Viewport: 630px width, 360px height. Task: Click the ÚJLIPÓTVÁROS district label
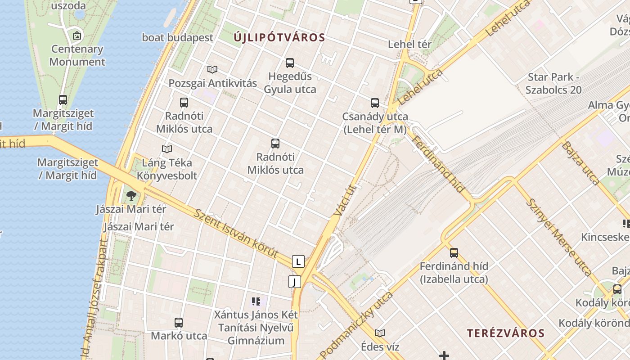coord(279,38)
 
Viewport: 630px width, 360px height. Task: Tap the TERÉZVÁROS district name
coord(505,333)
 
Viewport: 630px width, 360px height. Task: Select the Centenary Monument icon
coord(77,35)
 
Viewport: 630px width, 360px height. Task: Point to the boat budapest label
coord(177,37)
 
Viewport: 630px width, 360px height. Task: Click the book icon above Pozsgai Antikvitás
coord(212,69)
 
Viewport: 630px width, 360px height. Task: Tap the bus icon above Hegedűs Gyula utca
coord(290,63)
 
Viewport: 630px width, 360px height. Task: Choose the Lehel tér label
coord(409,44)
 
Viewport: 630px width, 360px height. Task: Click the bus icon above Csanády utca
coord(375,103)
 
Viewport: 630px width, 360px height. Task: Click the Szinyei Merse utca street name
coord(558,236)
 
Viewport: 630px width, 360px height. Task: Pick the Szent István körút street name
coord(236,233)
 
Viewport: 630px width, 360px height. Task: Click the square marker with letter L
coord(298,261)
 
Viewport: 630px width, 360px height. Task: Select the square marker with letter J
coord(294,282)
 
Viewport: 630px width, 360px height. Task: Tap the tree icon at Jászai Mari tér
coord(131,195)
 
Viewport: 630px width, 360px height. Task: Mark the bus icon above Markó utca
coord(179,322)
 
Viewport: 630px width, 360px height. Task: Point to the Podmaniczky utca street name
coord(356,324)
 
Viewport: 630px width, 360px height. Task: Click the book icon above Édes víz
coord(380,333)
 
